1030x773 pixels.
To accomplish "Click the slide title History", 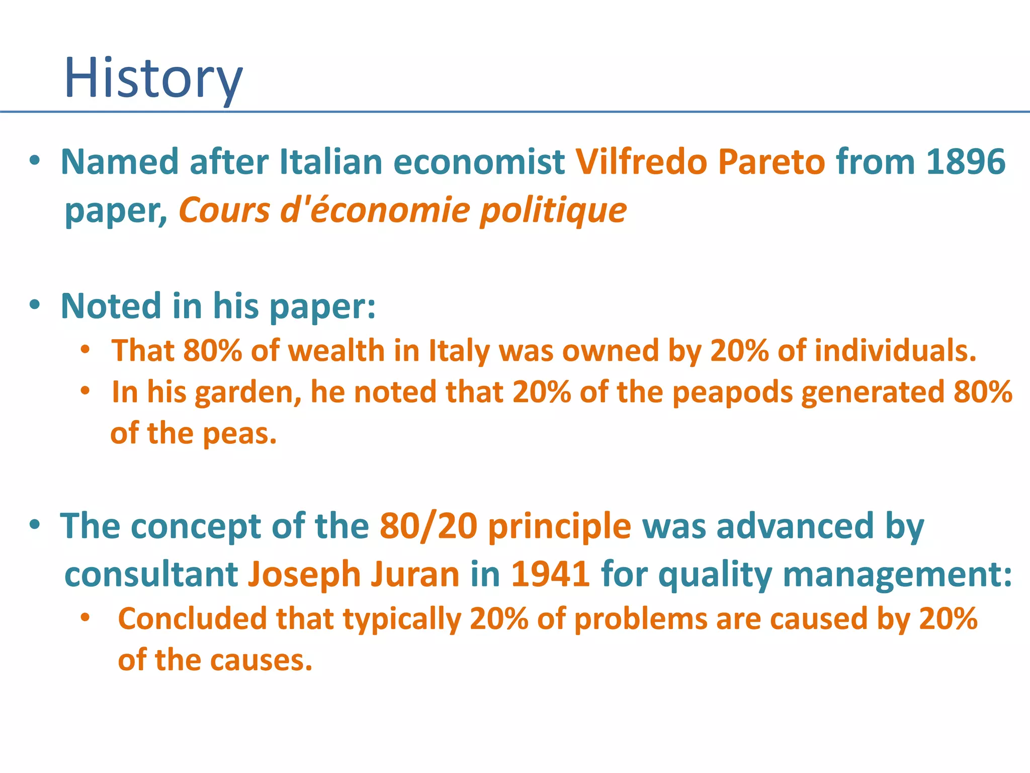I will [x=153, y=78].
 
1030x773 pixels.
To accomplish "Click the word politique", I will [x=553, y=210].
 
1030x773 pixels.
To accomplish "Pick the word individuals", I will [x=895, y=350].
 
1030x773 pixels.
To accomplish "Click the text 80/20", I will [x=428, y=526].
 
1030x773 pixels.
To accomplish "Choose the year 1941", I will [x=550, y=574].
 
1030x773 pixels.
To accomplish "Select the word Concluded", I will [x=192, y=619].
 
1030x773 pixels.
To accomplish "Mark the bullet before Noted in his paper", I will [x=34, y=305].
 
